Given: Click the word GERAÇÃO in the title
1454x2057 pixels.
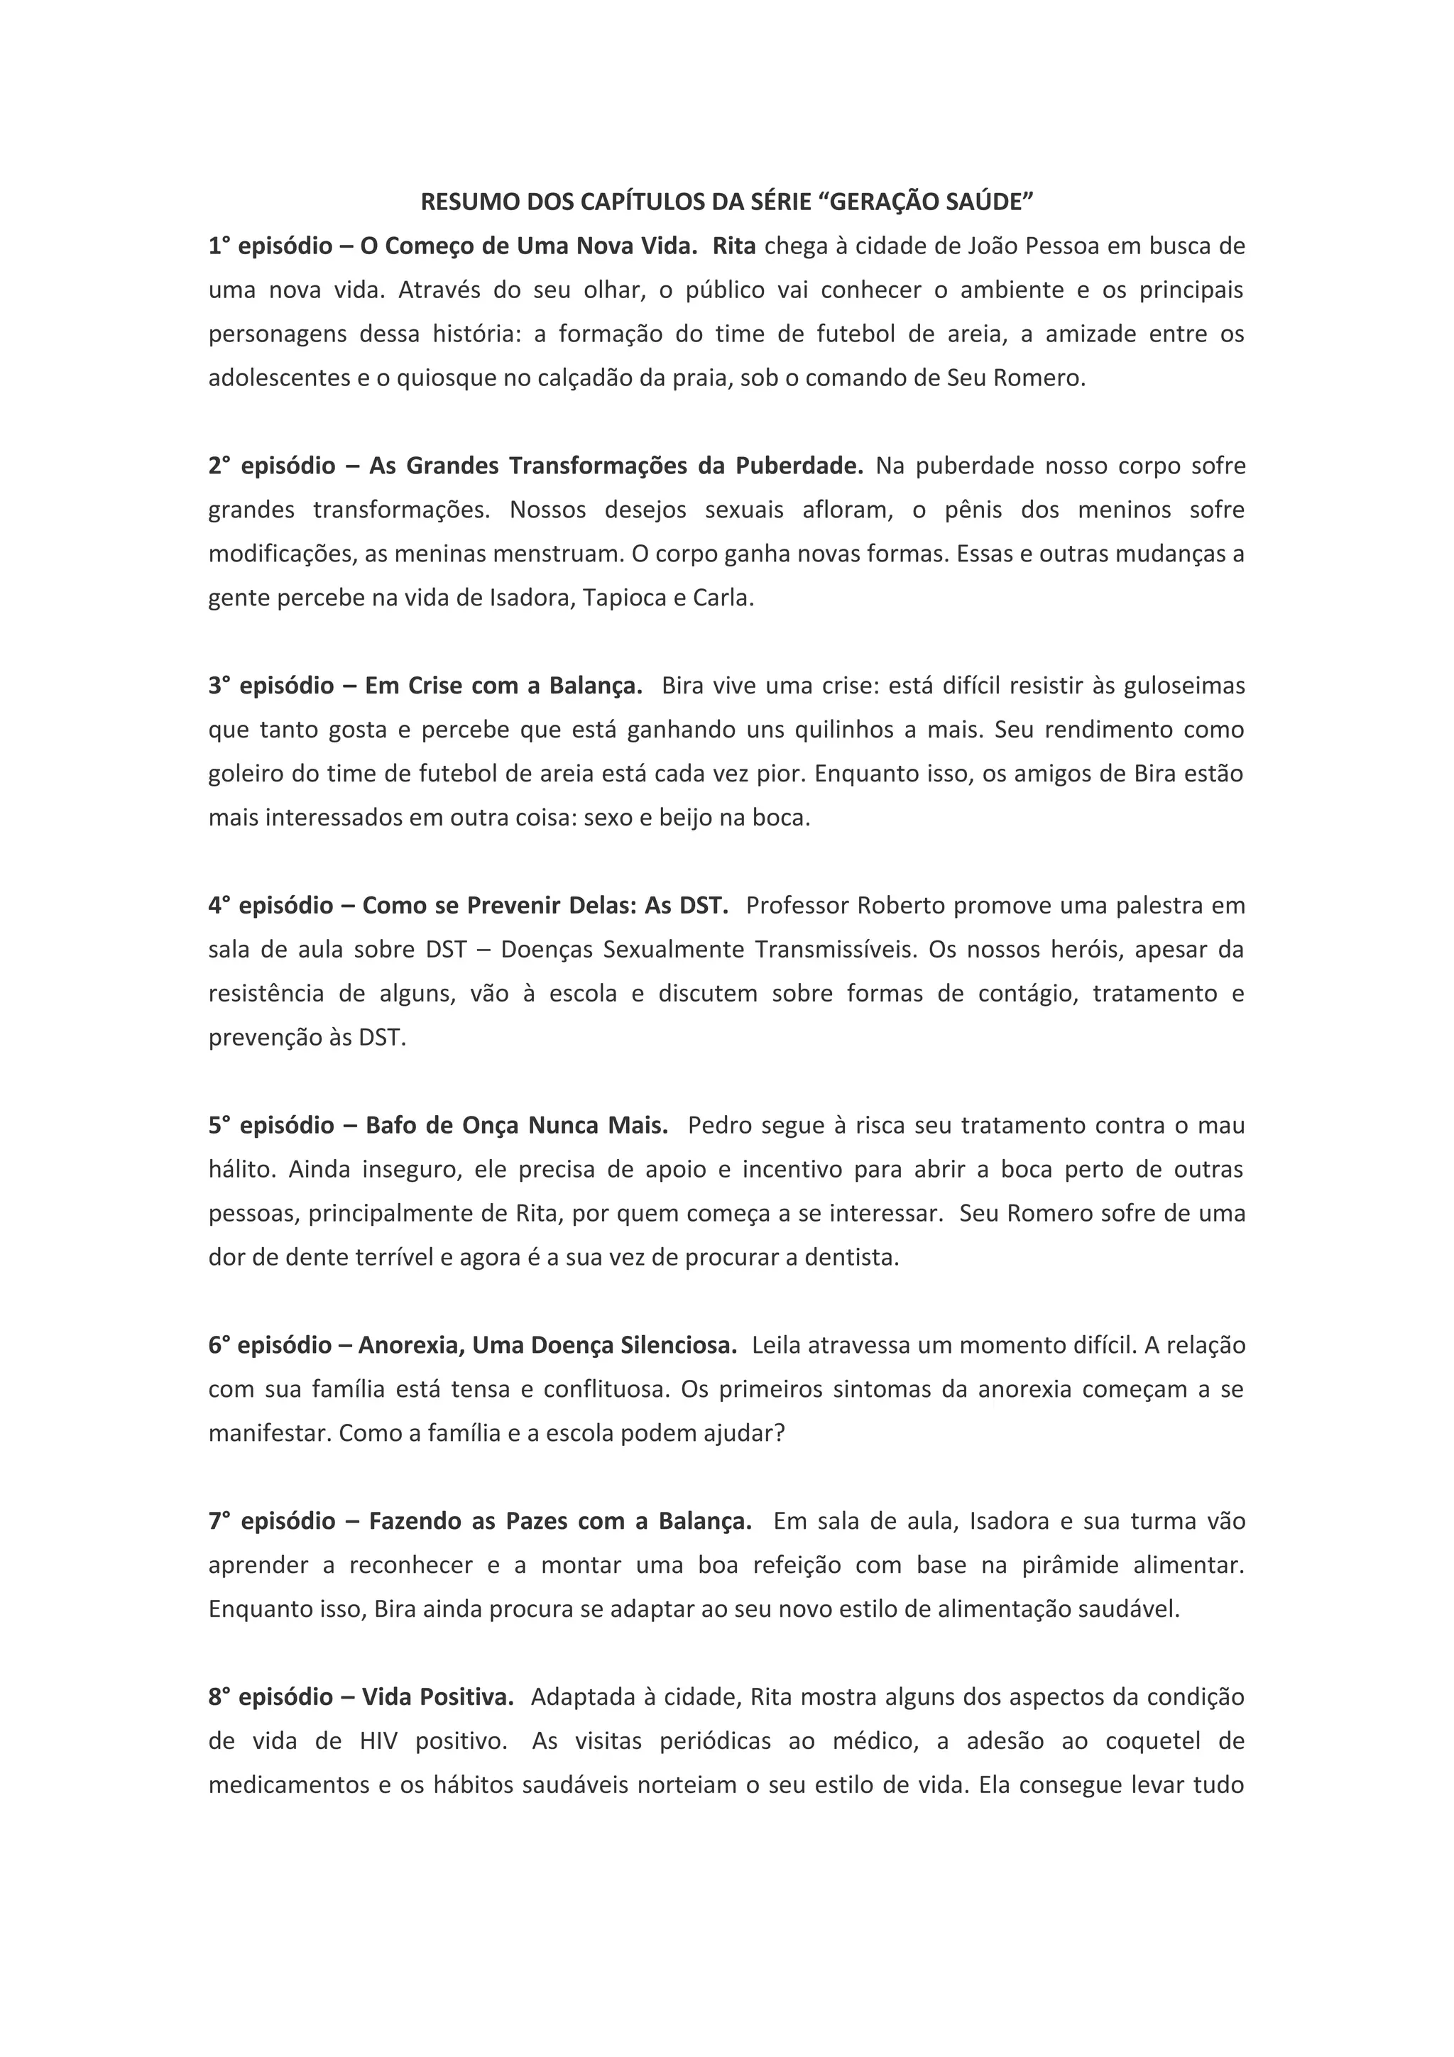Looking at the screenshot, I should [873, 202].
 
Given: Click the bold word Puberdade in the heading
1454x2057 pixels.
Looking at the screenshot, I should [799, 466].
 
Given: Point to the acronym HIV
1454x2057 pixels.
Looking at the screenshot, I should [379, 1740].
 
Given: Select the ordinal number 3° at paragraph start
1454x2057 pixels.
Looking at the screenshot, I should [219, 686].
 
